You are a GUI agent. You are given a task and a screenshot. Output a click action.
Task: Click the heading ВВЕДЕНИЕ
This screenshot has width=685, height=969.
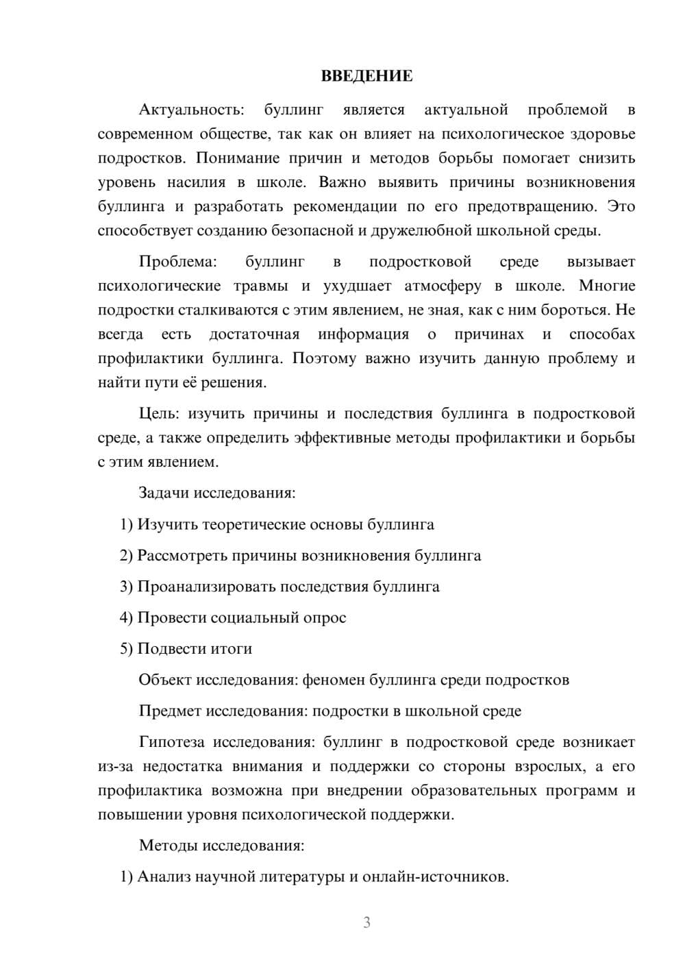[366, 76]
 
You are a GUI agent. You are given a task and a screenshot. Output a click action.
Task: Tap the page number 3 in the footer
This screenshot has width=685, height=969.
[366, 922]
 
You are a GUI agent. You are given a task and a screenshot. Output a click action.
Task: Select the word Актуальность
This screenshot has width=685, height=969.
[191, 110]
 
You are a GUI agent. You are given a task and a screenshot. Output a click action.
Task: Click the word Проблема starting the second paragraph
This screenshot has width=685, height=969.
[177, 262]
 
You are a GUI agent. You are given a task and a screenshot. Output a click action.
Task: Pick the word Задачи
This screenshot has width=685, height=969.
[164, 493]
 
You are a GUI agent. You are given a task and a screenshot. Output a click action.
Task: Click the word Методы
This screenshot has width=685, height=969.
[169, 845]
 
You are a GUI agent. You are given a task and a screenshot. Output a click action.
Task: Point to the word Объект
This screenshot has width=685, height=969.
[165, 680]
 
